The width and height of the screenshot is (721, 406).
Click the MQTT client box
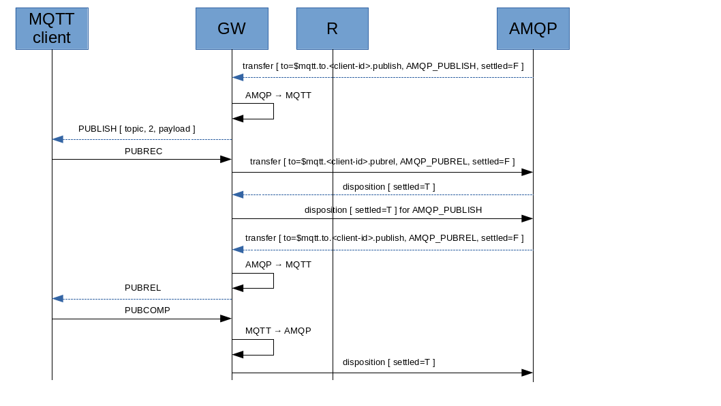tap(52, 29)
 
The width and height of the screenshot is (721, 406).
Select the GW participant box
tap(232, 29)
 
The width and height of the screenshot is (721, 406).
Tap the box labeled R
tap(333, 29)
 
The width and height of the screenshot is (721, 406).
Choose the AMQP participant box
tap(533, 29)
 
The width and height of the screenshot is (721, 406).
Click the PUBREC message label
tap(143, 151)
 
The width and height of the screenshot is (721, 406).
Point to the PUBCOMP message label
tap(147, 310)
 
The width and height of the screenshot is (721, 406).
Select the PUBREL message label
tap(142, 288)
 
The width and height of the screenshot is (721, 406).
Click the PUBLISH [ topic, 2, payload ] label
tap(136, 129)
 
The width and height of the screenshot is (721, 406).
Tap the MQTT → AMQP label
tap(278, 331)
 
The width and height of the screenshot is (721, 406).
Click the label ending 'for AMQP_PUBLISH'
tap(393, 210)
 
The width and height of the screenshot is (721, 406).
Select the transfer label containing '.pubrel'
tap(382, 162)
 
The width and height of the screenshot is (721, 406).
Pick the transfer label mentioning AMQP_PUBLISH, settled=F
tap(383, 66)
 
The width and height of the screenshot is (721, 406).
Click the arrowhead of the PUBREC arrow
tap(226, 159)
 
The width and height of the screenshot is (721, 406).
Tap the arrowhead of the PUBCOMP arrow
tap(226, 319)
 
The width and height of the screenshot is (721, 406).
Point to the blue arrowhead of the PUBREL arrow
tap(58, 299)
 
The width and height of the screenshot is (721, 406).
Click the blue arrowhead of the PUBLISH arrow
tap(58, 139)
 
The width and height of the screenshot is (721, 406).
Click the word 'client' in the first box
tap(52, 38)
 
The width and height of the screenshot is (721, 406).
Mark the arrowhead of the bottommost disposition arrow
tap(527, 373)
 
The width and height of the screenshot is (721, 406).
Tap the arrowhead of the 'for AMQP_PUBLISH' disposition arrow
tap(527, 218)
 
